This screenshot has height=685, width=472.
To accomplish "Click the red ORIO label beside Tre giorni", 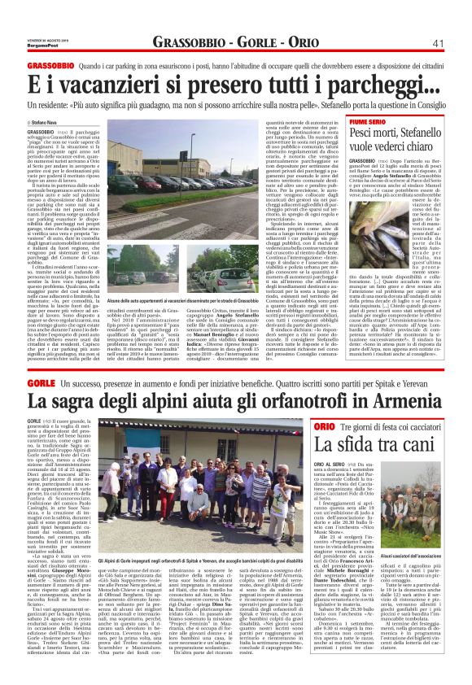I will [323, 426].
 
